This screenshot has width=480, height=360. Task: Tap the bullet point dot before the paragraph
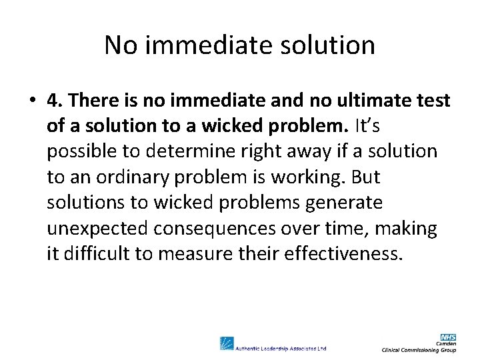point(31,101)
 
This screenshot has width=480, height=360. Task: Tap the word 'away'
point(285,151)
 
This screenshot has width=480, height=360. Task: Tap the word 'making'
point(405,228)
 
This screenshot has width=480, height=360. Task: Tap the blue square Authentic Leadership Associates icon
point(227,343)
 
